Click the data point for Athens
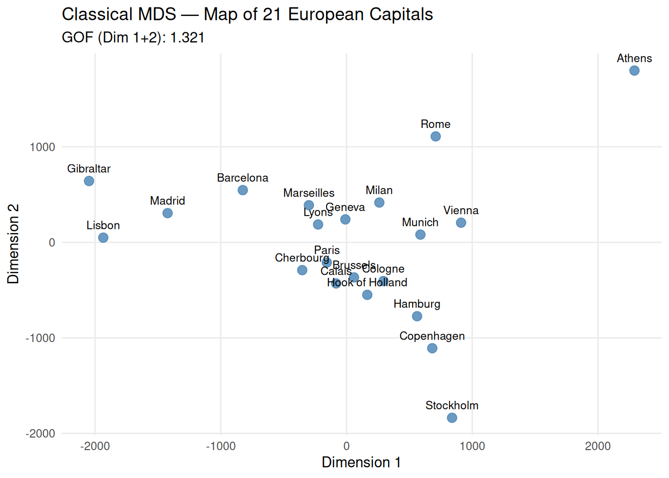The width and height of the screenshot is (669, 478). point(634,71)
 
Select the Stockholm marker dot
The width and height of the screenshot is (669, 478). point(452,418)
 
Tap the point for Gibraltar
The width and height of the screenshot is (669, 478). point(89,181)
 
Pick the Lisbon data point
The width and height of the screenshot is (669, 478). point(103,238)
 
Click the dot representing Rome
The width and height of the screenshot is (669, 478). point(436,136)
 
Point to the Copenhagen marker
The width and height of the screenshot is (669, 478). point(432,349)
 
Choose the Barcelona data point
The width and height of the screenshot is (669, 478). point(242,190)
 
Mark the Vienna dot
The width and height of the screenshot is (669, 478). point(461,223)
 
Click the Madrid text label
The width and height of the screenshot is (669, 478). point(167,201)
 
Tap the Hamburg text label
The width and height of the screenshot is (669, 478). point(417,304)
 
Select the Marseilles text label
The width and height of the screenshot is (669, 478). point(309,193)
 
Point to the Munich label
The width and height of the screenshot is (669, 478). point(420,223)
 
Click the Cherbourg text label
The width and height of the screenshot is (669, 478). point(302,258)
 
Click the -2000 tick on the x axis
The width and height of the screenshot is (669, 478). point(95,446)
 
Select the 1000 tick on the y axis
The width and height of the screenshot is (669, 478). point(42,147)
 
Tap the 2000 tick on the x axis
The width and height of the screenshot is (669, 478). point(598,446)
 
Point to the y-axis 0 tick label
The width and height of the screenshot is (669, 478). point(52,243)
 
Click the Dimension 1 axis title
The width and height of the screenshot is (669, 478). point(361,463)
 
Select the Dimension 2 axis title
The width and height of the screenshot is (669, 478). point(13,243)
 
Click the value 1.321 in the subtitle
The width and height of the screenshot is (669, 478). point(187,38)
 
